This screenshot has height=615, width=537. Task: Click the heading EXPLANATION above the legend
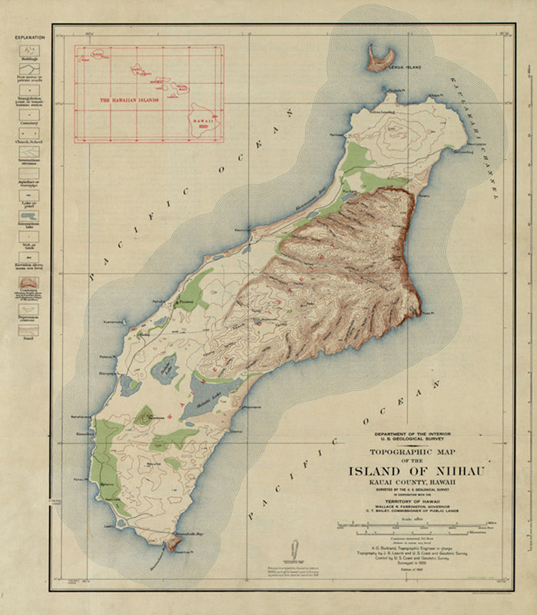pos(29,37)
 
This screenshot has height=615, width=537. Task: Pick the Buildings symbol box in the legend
pos(29,51)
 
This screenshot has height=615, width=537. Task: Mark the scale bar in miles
pos(423,525)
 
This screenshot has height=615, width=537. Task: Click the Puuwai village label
pos(187,302)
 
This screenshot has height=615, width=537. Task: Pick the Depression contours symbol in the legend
pos(29,311)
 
